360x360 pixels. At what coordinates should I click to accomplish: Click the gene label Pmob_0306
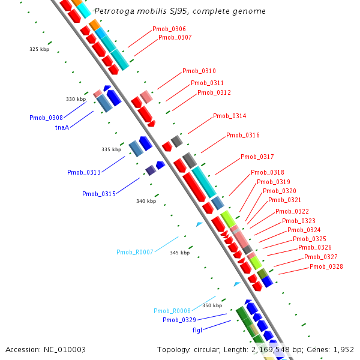coord(169,29)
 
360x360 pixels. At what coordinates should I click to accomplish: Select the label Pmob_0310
coord(199,71)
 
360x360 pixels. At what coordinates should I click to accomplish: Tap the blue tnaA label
coord(62,127)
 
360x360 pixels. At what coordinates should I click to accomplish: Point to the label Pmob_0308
coord(46,118)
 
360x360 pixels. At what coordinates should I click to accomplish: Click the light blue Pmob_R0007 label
coord(135,253)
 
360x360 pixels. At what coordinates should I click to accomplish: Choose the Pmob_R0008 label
coord(172,311)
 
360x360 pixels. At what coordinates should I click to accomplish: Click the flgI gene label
coord(197,330)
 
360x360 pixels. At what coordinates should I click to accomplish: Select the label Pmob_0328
coord(326,266)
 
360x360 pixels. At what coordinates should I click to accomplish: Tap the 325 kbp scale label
coord(39,49)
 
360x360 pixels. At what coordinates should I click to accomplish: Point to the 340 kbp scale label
coord(146,201)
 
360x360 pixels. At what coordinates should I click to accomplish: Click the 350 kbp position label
coord(212,305)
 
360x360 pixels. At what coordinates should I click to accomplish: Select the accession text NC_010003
coord(65,350)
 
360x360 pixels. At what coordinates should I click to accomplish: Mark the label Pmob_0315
coord(99,194)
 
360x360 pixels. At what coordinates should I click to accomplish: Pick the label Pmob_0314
coord(230,116)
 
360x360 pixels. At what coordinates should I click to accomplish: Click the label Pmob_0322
coord(292,211)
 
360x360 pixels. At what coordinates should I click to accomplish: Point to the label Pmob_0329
coord(179,320)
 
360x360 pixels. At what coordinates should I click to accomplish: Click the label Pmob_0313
coord(84,172)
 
